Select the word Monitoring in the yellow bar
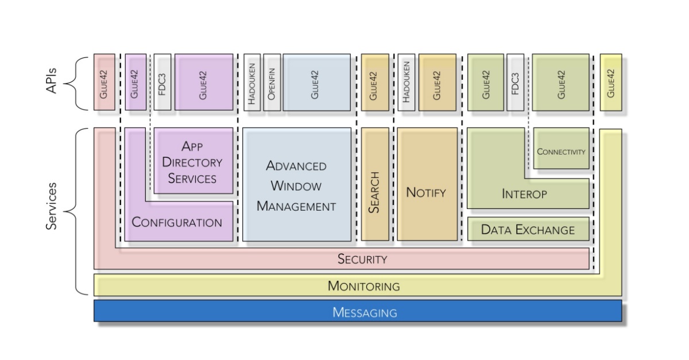point(363,285)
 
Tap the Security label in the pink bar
point(362,259)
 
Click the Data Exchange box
point(528,230)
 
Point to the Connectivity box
point(561,152)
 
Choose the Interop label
point(524,193)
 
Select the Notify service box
point(426,184)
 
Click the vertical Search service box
point(374,184)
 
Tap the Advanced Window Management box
point(296,184)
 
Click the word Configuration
point(177,222)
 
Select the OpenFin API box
point(272,82)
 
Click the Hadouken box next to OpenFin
point(252,82)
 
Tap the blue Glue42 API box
point(316,82)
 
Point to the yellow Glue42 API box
point(610,82)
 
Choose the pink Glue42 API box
point(104,82)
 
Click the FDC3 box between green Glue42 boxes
point(515,82)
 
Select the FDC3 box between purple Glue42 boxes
point(162,82)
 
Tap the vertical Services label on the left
point(52,206)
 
